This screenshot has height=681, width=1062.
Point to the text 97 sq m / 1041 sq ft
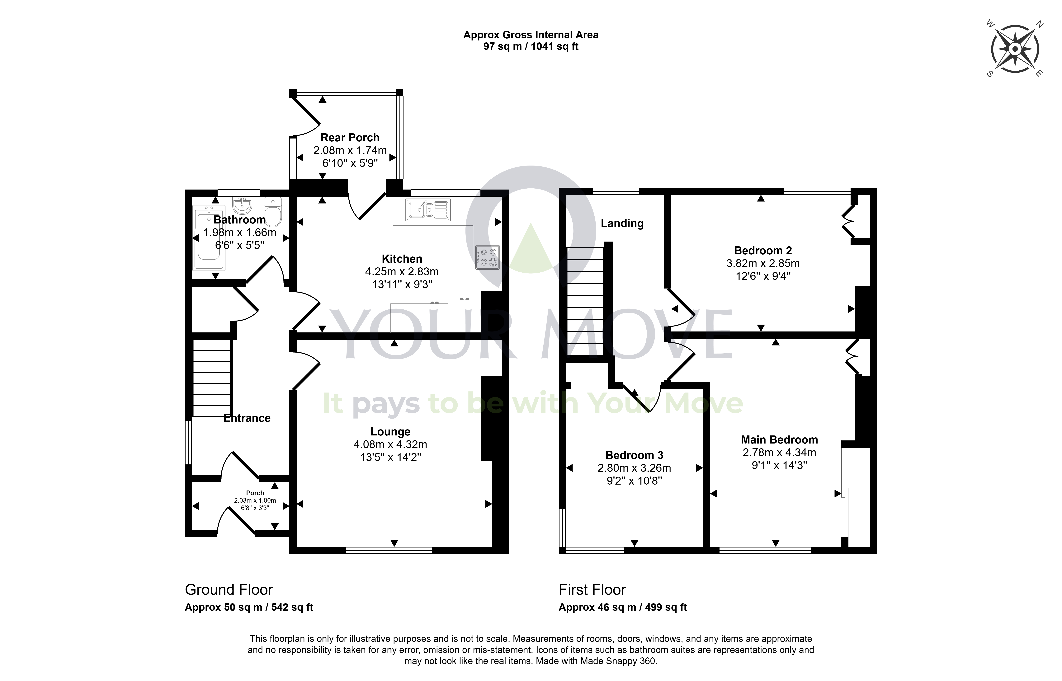click(531, 46)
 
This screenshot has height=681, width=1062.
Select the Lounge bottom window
click(388, 550)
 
